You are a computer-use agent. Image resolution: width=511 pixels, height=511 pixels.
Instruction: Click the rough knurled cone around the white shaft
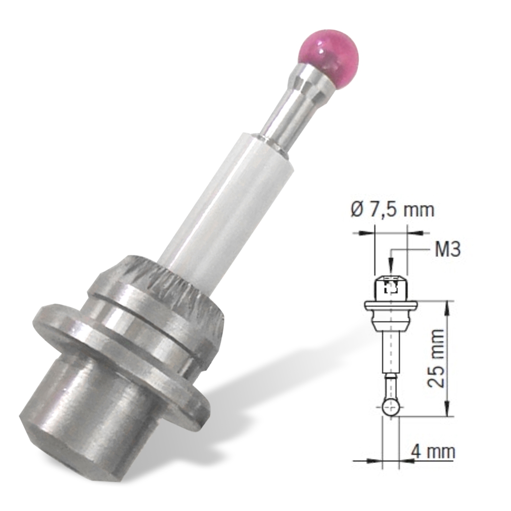click(169, 287)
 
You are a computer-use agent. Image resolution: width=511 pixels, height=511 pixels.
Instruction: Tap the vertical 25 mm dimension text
click(436, 358)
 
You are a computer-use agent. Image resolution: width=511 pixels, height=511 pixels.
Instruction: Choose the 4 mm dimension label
click(433, 452)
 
